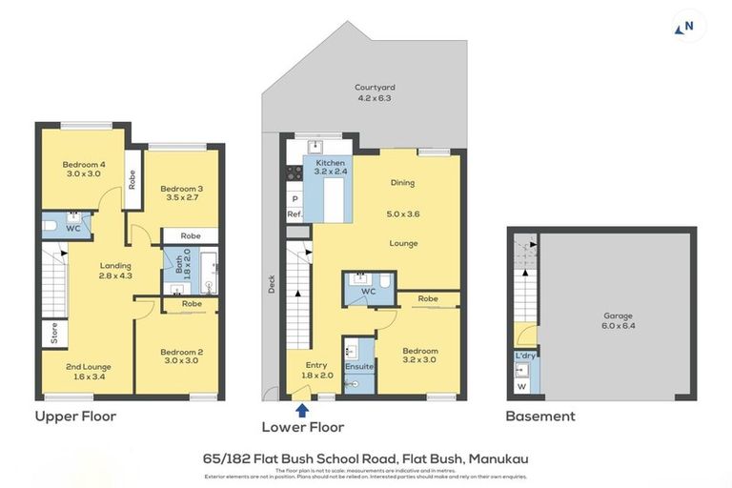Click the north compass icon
pyautogui.click(x=689, y=27)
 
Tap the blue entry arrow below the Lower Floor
pyautogui.click(x=302, y=410)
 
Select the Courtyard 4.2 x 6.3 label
pyautogui.click(x=375, y=92)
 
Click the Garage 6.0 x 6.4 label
pyautogui.click(x=618, y=320)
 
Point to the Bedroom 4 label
pyautogui.click(x=83, y=168)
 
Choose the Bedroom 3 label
pyautogui.click(x=181, y=193)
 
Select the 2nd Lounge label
pyautogui.click(x=88, y=372)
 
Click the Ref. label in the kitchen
pyautogui.click(x=295, y=214)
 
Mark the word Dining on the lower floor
pyautogui.click(x=402, y=182)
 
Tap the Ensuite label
pyautogui.click(x=359, y=366)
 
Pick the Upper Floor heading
pyautogui.click(x=75, y=417)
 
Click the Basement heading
pyautogui.click(x=540, y=417)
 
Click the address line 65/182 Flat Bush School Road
pyautogui.click(x=366, y=458)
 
